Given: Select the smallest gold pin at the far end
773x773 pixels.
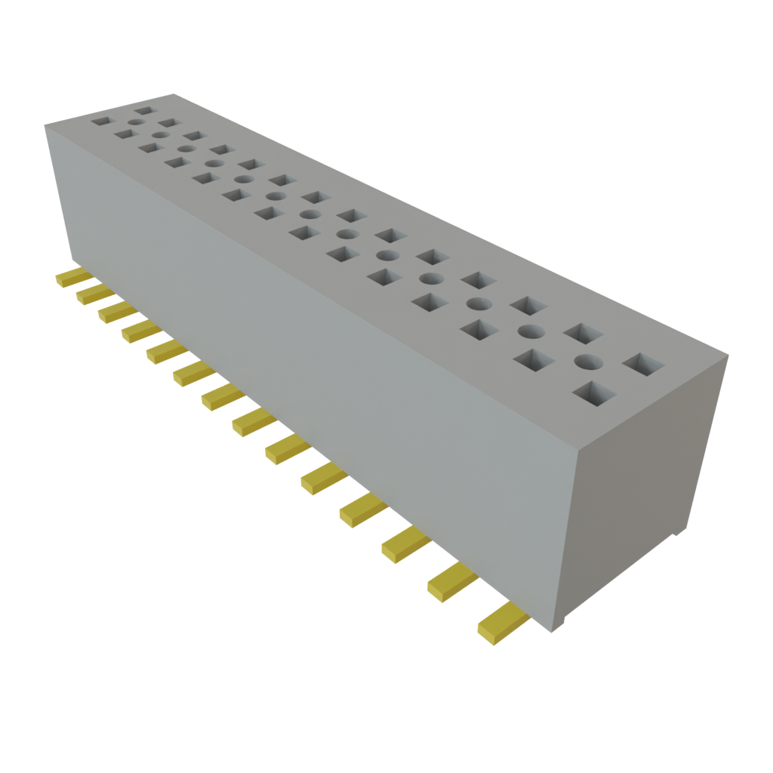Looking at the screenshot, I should click(72, 277).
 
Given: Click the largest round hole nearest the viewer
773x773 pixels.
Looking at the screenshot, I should click(588, 362).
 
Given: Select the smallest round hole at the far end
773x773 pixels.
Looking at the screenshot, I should click(136, 121).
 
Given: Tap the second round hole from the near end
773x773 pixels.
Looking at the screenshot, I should click(531, 331).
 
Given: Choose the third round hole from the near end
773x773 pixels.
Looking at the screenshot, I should click(478, 304).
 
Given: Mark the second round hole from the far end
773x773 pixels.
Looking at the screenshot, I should click(160, 136).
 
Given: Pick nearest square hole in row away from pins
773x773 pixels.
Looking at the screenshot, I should click(644, 365).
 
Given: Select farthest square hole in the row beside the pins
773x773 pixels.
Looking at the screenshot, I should click(101, 119).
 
